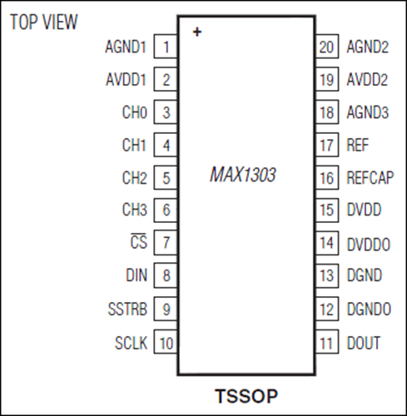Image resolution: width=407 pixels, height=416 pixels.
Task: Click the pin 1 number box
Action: click(166, 47)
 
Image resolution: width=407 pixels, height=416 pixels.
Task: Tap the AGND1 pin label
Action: click(126, 47)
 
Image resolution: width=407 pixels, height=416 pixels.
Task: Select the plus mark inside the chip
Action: click(197, 32)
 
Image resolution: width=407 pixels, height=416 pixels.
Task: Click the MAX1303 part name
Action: click(243, 175)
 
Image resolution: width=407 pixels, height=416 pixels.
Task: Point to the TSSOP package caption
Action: click(246, 396)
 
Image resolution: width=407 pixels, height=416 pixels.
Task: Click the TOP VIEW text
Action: click(44, 22)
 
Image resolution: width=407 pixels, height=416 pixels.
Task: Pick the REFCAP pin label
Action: click(370, 178)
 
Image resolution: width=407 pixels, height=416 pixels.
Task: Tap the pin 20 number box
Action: click(327, 47)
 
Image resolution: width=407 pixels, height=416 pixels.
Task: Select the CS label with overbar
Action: click(138, 241)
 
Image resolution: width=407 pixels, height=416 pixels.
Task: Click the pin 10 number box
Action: click(166, 342)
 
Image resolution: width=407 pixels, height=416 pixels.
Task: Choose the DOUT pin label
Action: click(364, 343)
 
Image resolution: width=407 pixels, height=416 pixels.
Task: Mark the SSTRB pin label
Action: click(127, 310)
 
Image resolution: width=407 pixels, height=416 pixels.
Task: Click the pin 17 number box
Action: click(327, 145)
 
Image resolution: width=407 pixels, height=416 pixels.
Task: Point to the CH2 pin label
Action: click(134, 178)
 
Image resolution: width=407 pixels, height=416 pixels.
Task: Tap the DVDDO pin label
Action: click(369, 245)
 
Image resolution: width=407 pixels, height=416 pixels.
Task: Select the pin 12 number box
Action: click(327, 309)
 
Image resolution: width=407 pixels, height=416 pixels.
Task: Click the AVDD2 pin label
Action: click(367, 80)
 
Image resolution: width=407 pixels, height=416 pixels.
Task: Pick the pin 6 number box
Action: click(166, 210)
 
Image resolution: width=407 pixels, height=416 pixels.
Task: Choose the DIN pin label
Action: click(136, 275)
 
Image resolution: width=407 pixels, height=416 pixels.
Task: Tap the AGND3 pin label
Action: click(368, 112)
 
